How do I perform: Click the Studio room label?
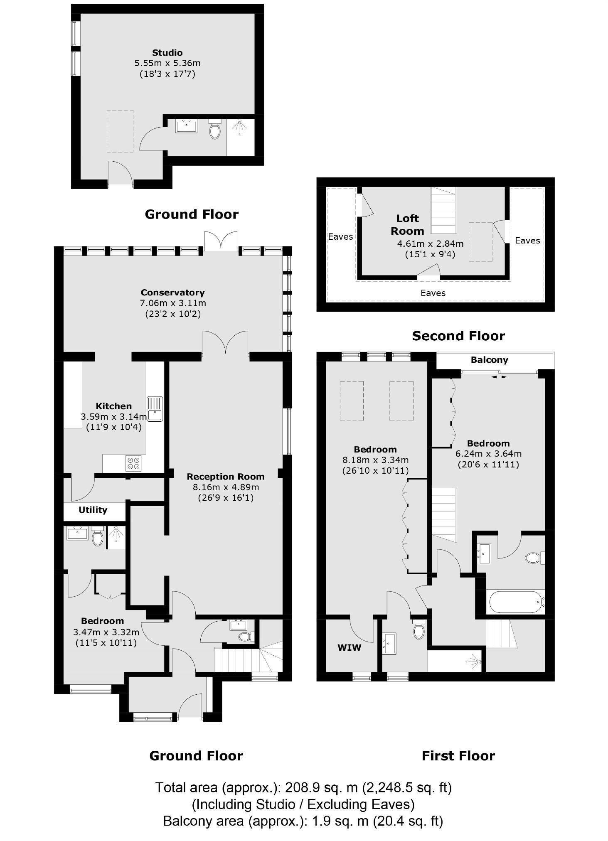coord(167,53)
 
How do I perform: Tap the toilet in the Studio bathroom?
coord(215,130)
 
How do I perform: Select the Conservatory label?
coord(172,293)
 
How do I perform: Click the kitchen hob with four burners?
coord(133,464)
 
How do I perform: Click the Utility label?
coord(93,510)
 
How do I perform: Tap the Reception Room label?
coord(225,477)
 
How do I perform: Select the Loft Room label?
coord(407,224)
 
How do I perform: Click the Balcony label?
coord(489,360)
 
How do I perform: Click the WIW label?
coord(349,647)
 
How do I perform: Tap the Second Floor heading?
coord(458,336)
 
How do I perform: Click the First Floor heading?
coord(458,756)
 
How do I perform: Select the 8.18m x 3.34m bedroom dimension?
coord(375,460)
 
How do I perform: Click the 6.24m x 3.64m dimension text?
coord(488,454)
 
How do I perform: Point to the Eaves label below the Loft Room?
coord(433,293)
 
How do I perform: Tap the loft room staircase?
coord(443,210)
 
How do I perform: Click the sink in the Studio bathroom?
coord(186,125)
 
